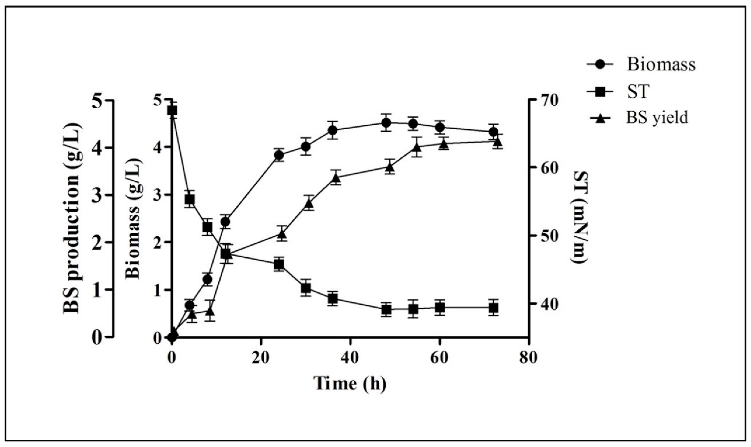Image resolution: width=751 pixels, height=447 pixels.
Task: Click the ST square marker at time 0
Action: pos(172,111)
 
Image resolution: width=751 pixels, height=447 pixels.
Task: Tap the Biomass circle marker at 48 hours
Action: pos(386,123)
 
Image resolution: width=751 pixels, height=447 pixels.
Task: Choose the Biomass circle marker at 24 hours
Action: pos(279,155)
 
